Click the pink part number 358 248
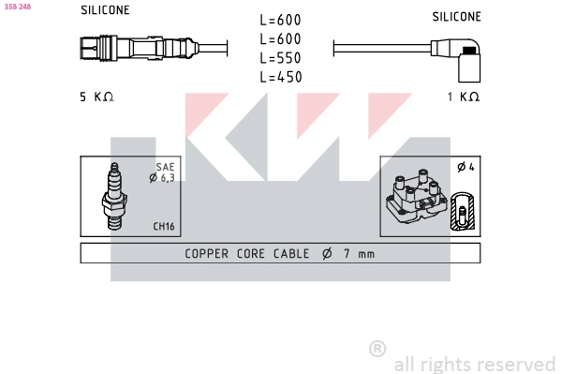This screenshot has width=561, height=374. (x=18, y=6)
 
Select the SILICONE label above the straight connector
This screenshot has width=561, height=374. (x=105, y=10)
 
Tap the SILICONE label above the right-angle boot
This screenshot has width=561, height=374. (x=456, y=17)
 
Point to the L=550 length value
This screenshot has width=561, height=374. (x=280, y=58)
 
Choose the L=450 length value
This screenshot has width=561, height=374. (x=280, y=77)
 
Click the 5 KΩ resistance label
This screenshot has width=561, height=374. (x=96, y=97)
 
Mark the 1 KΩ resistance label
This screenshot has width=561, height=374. (x=463, y=97)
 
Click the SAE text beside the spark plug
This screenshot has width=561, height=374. (x=165, y=167)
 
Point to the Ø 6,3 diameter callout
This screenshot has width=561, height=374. (x=162, y=177)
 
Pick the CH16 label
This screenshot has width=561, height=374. (x=164, y=227)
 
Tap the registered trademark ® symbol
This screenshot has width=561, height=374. (x=377, y=348)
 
